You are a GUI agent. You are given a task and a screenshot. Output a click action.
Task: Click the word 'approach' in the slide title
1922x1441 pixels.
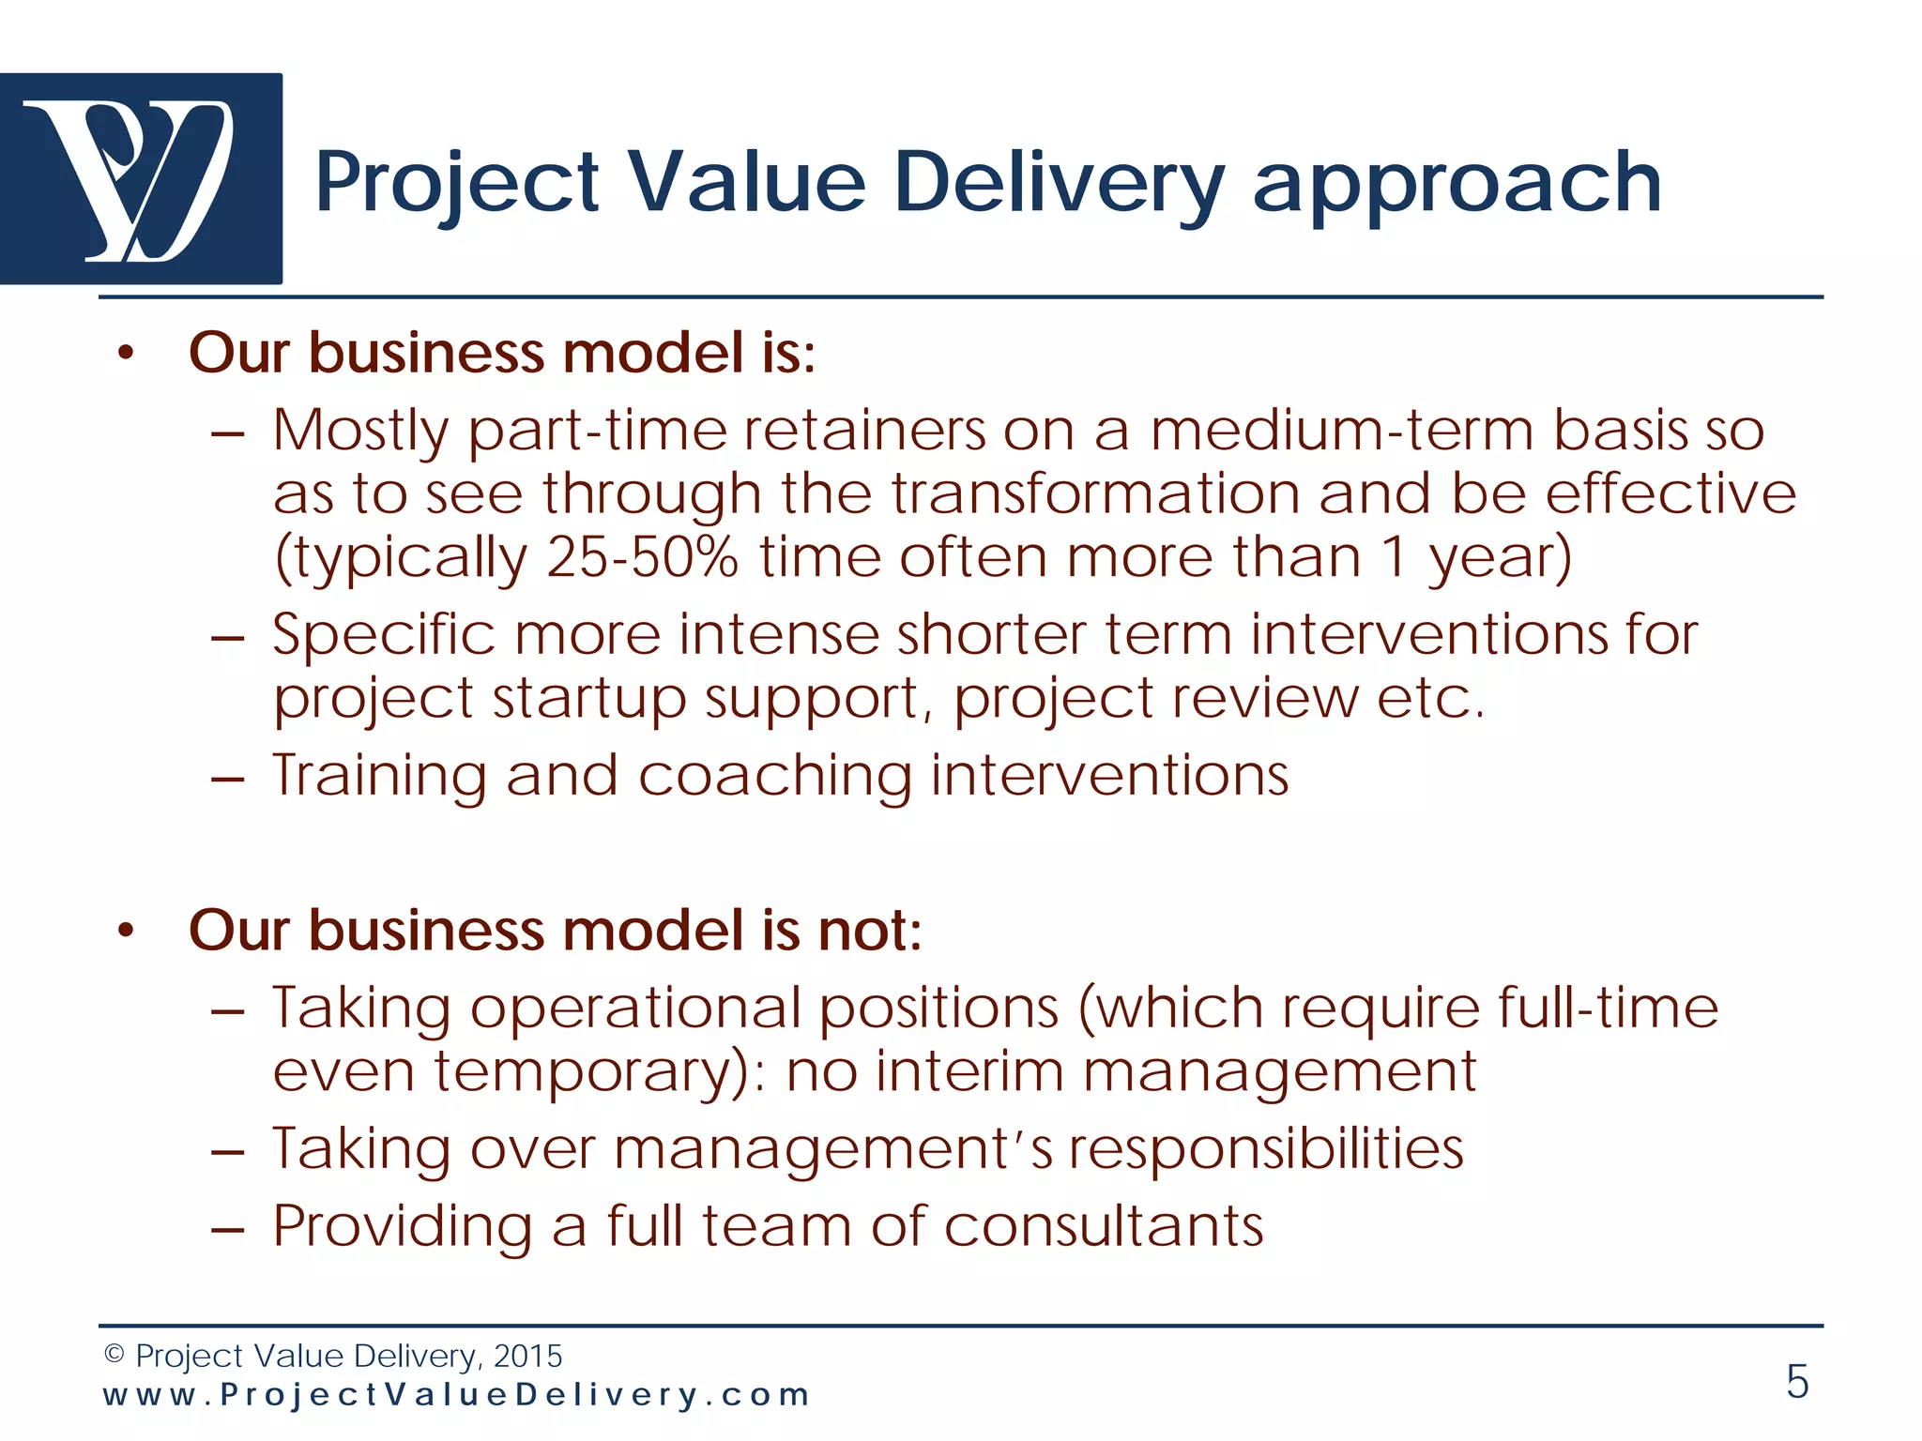[1457, 185]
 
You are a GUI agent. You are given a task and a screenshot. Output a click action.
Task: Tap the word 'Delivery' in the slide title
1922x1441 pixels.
[1059, 185]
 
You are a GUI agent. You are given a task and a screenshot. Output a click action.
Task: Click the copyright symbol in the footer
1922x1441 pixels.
[114, 1355]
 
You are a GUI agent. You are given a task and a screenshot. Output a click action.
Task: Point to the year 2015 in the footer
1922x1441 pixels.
[527, 1356]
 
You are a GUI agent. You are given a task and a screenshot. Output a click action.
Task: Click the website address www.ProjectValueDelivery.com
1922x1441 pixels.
[455, 1395]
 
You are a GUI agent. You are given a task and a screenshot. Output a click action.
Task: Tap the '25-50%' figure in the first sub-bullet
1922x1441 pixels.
[642, 557]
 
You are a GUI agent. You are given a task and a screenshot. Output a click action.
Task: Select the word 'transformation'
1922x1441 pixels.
[1094, 493]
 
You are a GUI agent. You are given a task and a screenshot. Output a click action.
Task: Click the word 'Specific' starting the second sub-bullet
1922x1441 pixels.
[383, 635]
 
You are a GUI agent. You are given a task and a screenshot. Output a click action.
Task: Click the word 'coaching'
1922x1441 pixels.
[774, 777]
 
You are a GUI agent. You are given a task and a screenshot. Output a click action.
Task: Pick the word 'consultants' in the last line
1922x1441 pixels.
[1104, 1226]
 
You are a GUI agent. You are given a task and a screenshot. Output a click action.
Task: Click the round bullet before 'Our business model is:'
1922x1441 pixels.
[127, 355]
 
